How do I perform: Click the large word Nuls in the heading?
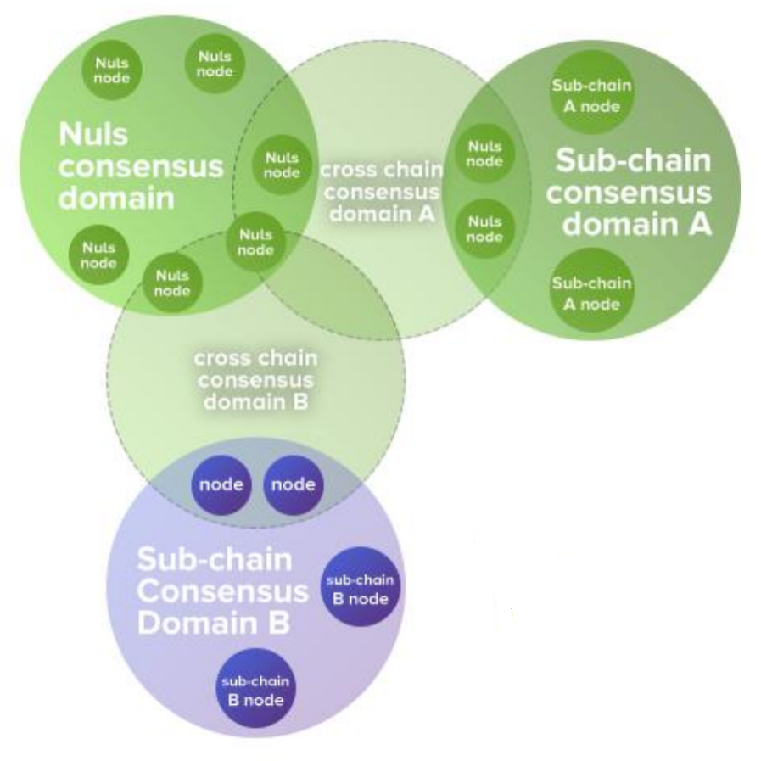(x=94, y=135)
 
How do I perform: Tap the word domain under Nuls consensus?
(x=117, y=198)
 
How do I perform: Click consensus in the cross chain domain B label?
(x=254, y=379)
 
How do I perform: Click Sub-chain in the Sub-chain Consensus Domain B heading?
(x=215, y=560)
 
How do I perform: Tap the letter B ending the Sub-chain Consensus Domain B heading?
(x=279, y=624)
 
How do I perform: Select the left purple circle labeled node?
(x=221, y=485)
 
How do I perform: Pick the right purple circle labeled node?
(x=293, y=485)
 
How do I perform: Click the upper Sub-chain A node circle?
(x=591, y=96)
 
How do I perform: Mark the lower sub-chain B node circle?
(x=255, y=691)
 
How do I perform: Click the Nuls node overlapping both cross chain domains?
(x=255, y=242)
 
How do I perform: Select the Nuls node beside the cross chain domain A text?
(x=282, y=165)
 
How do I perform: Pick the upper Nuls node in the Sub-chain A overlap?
(x=484, y=154)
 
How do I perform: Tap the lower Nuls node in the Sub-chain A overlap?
(x=484, y=229)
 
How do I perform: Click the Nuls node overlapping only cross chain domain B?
(x=173, y=283)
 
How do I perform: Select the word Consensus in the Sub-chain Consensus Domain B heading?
(x=222, y=592)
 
